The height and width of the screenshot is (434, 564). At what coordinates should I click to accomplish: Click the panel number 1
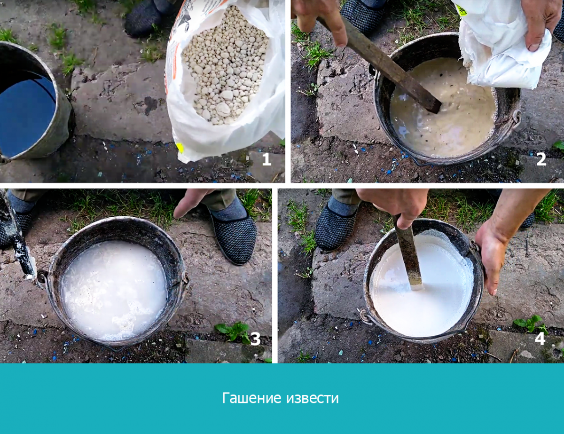[x=266, y=159]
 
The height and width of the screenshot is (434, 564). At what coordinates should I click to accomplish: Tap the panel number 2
[x=541, y=159]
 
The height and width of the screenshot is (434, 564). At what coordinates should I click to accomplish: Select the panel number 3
[x=255, y=339]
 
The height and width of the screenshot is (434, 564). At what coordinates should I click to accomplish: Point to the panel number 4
[x=540, y=338]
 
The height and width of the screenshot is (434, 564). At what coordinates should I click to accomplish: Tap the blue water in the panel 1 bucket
[x=26, y=113]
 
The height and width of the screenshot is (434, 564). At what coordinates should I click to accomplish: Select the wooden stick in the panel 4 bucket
[x=409, y=254]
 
